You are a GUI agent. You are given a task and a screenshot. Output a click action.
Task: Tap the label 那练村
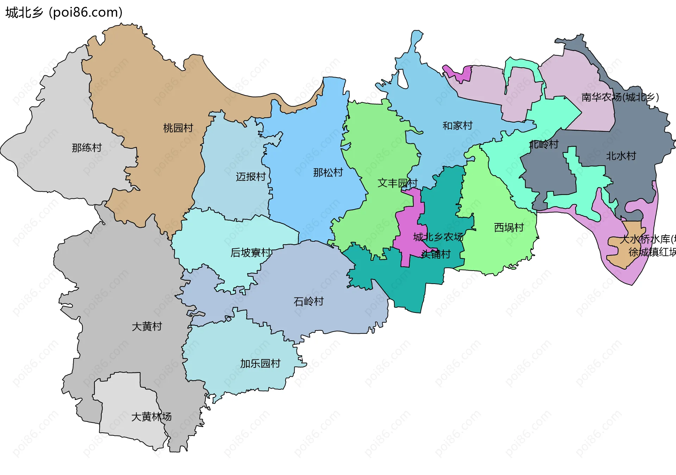click(x=87, y=148)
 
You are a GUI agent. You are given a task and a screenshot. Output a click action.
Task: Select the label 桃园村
click(x=178, y=128)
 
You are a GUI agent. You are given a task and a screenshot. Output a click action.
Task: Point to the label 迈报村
click(x=251, y=177)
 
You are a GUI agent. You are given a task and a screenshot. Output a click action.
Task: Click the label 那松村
click(x=328, y=173)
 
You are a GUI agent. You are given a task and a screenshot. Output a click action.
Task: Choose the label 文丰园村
click(x=398, y=183)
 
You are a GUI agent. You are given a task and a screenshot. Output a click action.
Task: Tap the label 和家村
click(x=457, y=126)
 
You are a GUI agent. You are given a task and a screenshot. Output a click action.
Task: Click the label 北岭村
click(x=544, y=144)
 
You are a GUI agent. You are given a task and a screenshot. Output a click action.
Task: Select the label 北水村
click(x=621, y=156)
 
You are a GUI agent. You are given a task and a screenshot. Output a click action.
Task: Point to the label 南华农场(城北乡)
click(x=620, y=97)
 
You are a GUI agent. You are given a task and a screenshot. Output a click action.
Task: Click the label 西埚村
click(x=509, y=228)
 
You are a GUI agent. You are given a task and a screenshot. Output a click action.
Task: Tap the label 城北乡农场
click(x=438, y=237)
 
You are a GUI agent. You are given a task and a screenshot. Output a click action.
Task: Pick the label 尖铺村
click(x=436, y=254)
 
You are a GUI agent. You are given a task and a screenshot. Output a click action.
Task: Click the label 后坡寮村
click(x=251, y=253)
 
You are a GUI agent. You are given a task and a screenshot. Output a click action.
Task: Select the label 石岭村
click(x=308, y=302)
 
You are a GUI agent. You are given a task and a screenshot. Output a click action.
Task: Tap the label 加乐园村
click(x=260, y=364)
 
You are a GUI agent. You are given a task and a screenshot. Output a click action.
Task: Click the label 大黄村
click(x=147, y=327)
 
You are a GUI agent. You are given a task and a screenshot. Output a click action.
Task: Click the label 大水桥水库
click(x=646, y=240)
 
